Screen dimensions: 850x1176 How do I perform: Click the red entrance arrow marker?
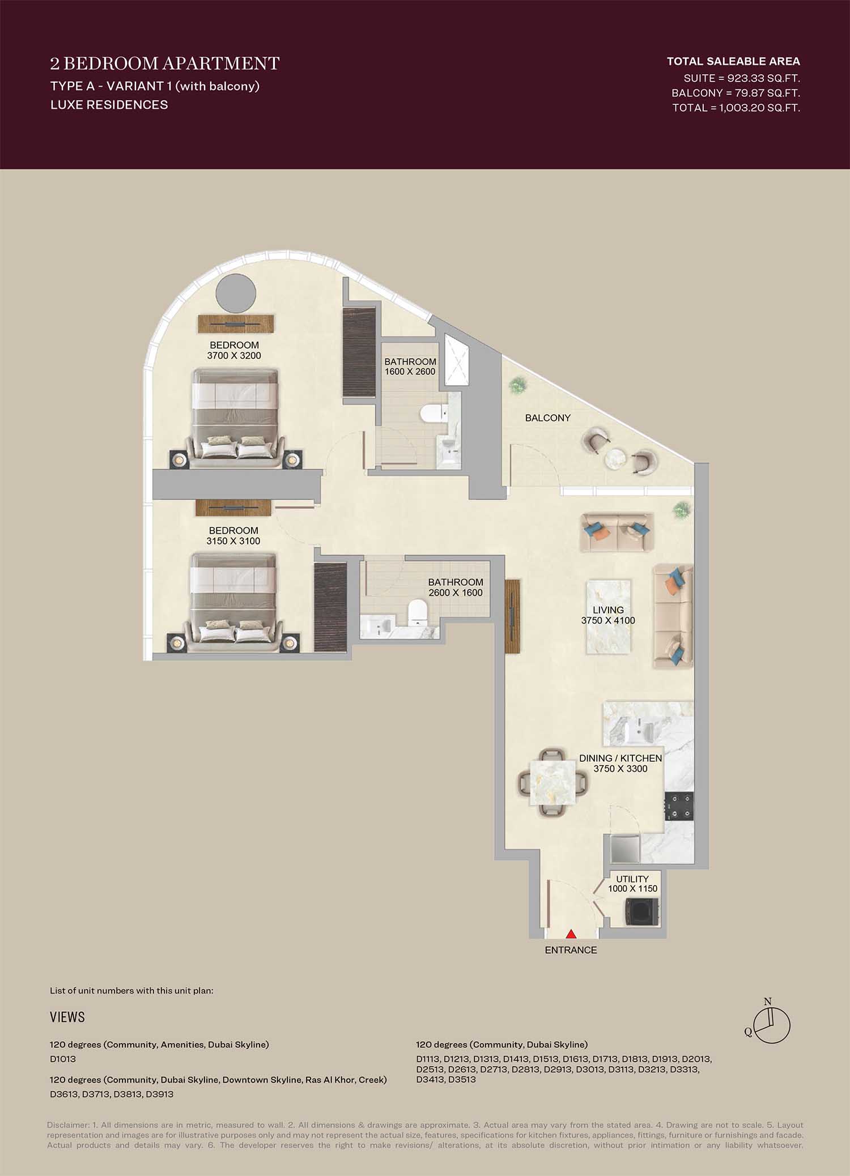click(x=571, y=934)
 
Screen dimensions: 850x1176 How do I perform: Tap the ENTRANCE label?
click(x=571, y=950)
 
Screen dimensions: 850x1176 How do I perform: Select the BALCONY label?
click(x=547, y=418)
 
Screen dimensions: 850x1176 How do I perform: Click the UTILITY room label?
click(x=632, y=879)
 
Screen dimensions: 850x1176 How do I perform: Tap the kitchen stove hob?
click(x=679, y=806)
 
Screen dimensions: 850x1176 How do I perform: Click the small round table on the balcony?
click(x=617, y=459)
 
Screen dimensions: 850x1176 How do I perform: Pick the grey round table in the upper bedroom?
click(x=236, y=293)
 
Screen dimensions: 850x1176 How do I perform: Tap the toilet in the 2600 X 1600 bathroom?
click(x=418, y=613)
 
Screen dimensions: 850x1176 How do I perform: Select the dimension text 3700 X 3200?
click(x=234, y=356)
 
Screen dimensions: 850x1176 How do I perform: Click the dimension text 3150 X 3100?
click(x=233, y=541)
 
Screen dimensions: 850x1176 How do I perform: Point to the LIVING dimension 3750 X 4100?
click(x=608, y=620)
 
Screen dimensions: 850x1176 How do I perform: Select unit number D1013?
click(x=63, y=1059)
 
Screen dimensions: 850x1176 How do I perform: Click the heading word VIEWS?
click(x=67, y=1017)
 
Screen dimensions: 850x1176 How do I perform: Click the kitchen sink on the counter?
click(x=641, y=730)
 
